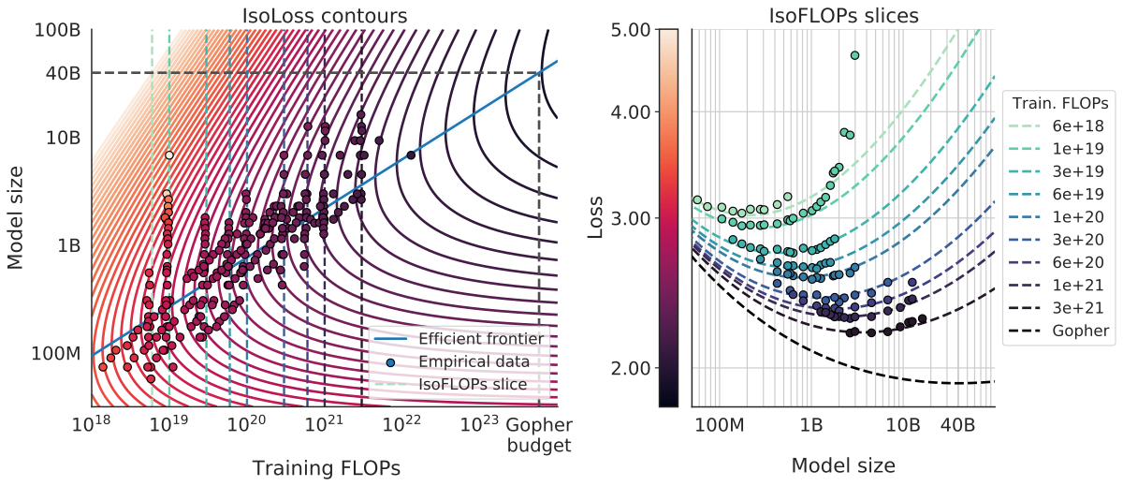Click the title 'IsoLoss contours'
click(x=325, y=15)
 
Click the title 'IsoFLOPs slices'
click(x=842, y=15)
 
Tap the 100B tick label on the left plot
click(x=58, y=30)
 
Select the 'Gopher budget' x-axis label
click(x=538, y=435)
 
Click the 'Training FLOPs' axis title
click(x=325, y=466)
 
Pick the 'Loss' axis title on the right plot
click(x=597, y=217)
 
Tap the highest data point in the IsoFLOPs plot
click(x=853, y=55)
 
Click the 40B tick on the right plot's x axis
click(x=956, y=426)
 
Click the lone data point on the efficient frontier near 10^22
click(x=411, y=155)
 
